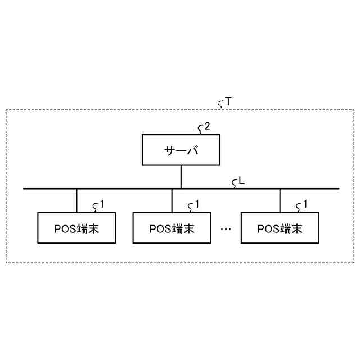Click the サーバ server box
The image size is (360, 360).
181,150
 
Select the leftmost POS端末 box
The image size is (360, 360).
76,228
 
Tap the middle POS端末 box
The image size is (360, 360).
172,228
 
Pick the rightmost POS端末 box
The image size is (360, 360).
280,228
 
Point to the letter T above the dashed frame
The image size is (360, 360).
228,102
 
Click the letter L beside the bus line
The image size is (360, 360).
242,181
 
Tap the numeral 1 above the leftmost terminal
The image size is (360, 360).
102,204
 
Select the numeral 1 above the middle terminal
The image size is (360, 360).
197,204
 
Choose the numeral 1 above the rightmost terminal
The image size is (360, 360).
305,204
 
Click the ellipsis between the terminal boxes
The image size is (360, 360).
226,228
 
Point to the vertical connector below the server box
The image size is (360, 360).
181,177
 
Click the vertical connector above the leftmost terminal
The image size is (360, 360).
76,200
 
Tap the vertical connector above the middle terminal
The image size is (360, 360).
172,200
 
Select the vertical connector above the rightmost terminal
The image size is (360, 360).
280,200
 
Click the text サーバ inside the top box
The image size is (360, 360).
181,151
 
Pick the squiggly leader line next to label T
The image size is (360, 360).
221,102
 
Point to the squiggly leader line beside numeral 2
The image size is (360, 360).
200,129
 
